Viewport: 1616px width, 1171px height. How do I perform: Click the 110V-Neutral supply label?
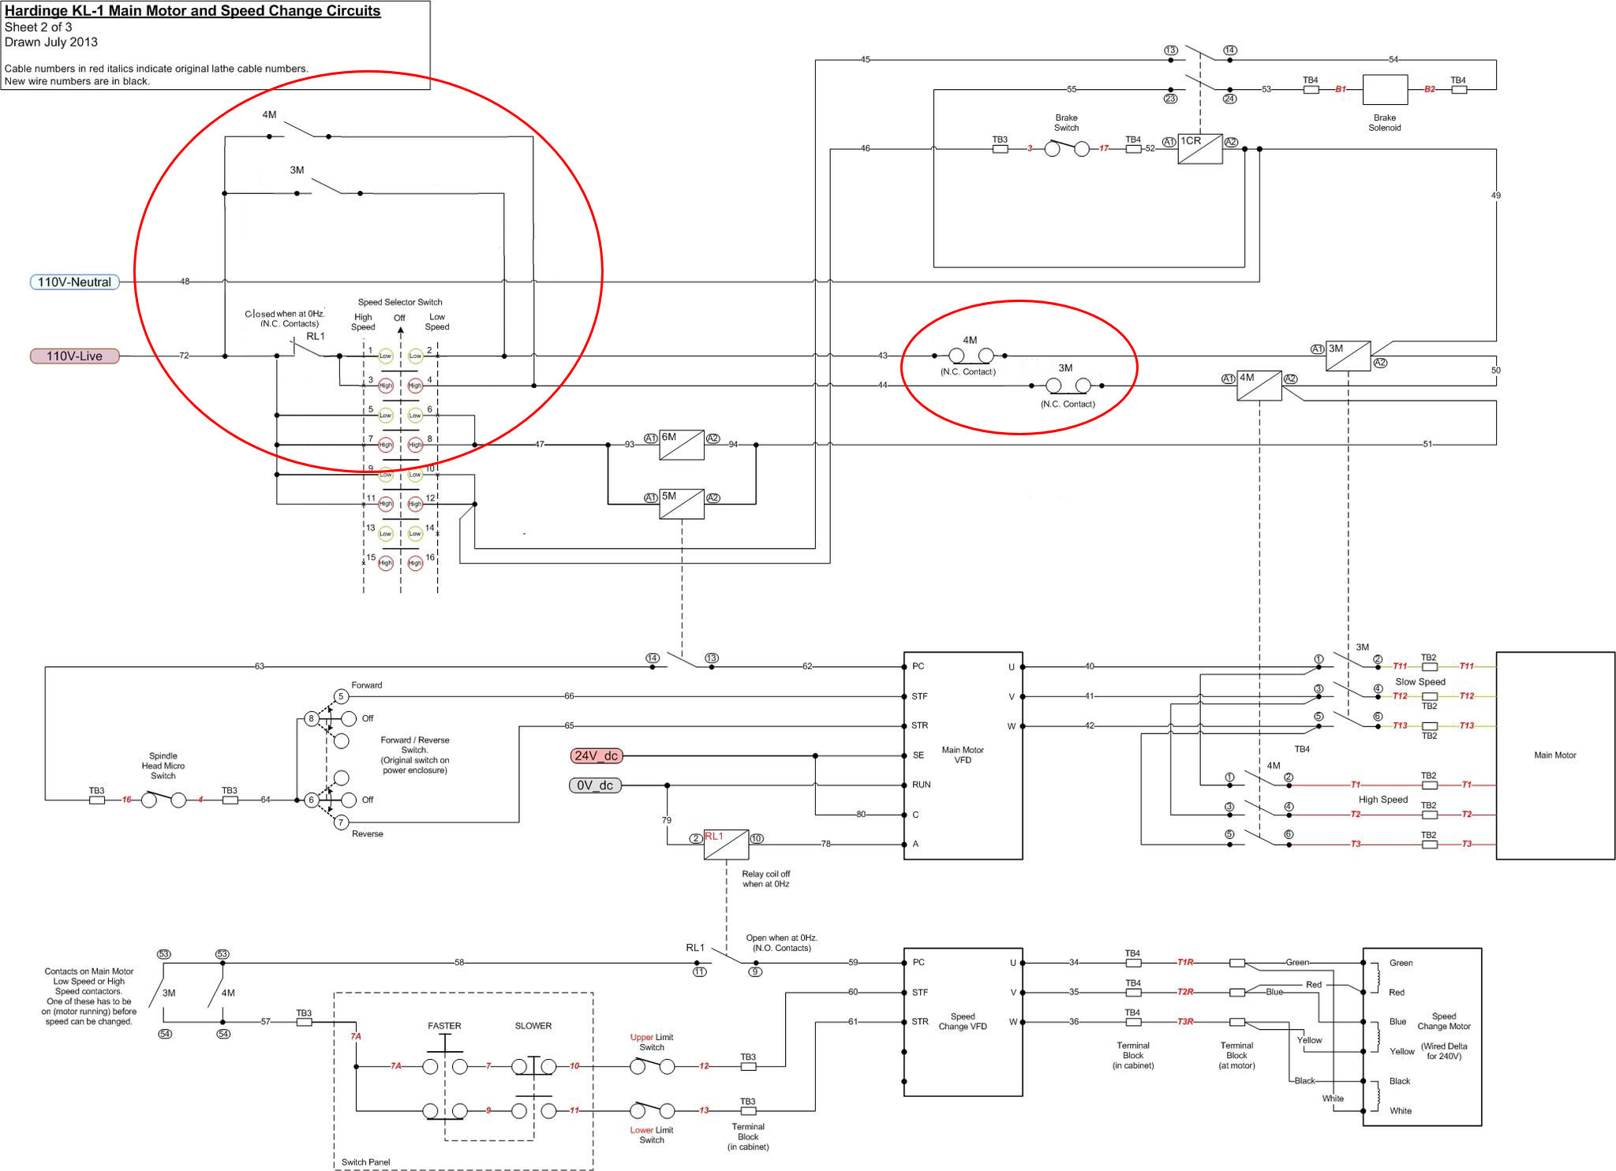(x=74, y=282)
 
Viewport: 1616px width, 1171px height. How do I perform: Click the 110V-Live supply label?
(x=74, y=356)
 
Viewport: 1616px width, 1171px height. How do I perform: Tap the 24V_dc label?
(x=596, y=756)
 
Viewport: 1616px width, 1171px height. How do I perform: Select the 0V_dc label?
(x=595, y=785)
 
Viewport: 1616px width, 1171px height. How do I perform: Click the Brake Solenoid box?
(x=1385, y=90)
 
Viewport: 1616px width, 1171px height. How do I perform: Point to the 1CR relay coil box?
(x=1199, y=149)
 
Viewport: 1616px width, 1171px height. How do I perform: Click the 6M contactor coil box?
(x=681, y=445)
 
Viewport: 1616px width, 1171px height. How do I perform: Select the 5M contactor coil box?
(x=681, y=504)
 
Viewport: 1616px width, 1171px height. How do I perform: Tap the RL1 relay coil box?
(x=726, y=845)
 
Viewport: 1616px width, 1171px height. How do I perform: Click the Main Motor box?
(x=1554, y=755)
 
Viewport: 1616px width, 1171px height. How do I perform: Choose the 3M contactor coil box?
(x=1348, y=356)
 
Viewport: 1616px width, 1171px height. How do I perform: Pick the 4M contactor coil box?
(x=1259, y=386)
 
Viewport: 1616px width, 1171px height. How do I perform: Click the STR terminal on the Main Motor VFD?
(x=919, y=725)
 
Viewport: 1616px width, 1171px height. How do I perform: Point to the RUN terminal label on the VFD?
(x=921, y=785)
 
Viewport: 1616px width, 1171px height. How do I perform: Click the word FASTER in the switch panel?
(x=444, y=1026)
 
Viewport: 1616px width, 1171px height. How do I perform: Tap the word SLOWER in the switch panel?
(x=533, y=1026)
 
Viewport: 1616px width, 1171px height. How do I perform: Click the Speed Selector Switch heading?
(x=400, y=302)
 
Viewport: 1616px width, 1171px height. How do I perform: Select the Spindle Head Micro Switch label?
(x=163, y=766)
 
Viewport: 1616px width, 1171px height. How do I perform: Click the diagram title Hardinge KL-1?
(x=193, y=11)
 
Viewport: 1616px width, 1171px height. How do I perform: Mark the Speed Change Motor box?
(x=1422, y=1037)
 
